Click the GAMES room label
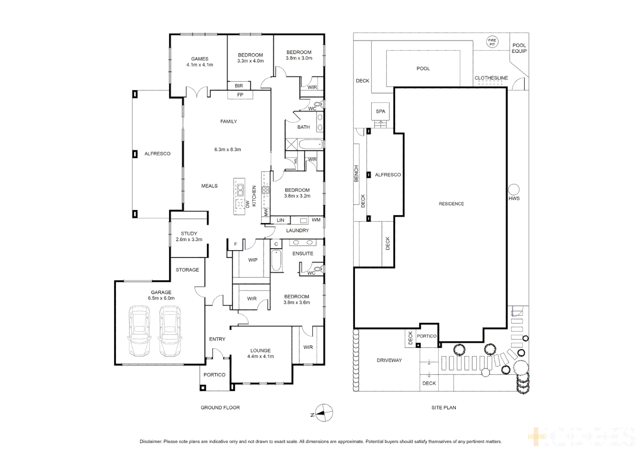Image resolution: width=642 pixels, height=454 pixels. [x=200, y=59]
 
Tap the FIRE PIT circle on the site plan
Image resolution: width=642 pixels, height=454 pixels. [x=492, y=42]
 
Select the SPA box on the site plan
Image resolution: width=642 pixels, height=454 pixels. [x=380, y=111]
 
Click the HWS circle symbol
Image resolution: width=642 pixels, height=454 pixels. [x=514, y=189]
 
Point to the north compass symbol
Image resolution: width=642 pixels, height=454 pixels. [x=324, y=413]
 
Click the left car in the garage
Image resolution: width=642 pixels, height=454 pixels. [x=139, y=331]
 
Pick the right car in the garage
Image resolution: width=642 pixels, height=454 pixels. [x=170, y=331]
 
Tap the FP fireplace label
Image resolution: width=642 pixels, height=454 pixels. [x=240, y=95]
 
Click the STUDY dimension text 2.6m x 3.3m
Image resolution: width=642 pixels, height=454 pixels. [x=189, y=240]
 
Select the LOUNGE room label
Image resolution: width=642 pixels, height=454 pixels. [x=260, y=351]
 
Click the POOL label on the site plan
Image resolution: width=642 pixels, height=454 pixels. [x=423, y=69]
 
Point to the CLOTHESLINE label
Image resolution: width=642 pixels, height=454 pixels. [x=491, y=78]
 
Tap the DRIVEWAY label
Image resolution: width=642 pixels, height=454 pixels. [x=389, y=360]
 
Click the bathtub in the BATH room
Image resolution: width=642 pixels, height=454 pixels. [x=311, y=145]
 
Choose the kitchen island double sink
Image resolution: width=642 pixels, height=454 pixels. [x=240, y=190]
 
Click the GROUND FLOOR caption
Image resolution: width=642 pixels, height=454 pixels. [x=220, y=408]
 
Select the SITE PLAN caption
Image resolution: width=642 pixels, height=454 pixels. [x=443, y=408]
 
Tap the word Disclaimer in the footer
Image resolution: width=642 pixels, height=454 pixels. [x=150, y=441]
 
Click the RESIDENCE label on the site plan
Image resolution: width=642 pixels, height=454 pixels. [x=451, y=204]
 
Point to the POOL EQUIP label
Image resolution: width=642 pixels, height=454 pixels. [x=519, y=48]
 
